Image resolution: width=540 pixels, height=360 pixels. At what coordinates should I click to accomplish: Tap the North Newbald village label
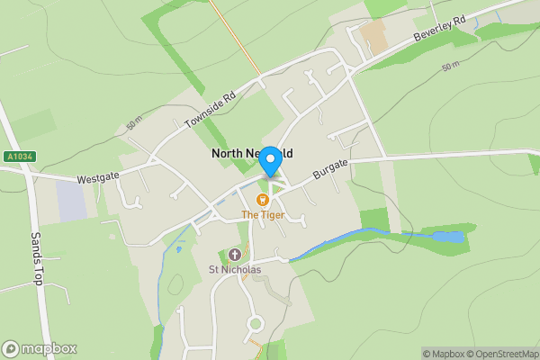[x=252, y=153]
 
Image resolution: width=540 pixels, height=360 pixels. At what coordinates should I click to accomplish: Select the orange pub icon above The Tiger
[x=263, y=200]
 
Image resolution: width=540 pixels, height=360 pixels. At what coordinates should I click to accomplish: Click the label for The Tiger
[x=263, y=215]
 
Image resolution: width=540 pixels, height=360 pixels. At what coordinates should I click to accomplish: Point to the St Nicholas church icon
[x=236, y=254]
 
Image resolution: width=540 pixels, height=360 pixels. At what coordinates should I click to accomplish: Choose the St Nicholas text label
[x=235, y=269]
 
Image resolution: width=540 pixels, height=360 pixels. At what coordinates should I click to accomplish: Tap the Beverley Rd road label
[x=439, y=32]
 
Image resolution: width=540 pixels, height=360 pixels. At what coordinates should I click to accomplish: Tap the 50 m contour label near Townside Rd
[x=135, y=122]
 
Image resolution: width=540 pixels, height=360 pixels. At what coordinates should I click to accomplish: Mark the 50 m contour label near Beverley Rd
[x=451, y=67]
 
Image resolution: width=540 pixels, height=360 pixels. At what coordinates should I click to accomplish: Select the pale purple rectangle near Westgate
[x=72, y=199]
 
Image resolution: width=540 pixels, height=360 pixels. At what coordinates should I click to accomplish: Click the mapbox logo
[x=40, y=348]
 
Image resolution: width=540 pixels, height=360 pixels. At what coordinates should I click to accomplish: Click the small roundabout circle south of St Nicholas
[x=255, y=323]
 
